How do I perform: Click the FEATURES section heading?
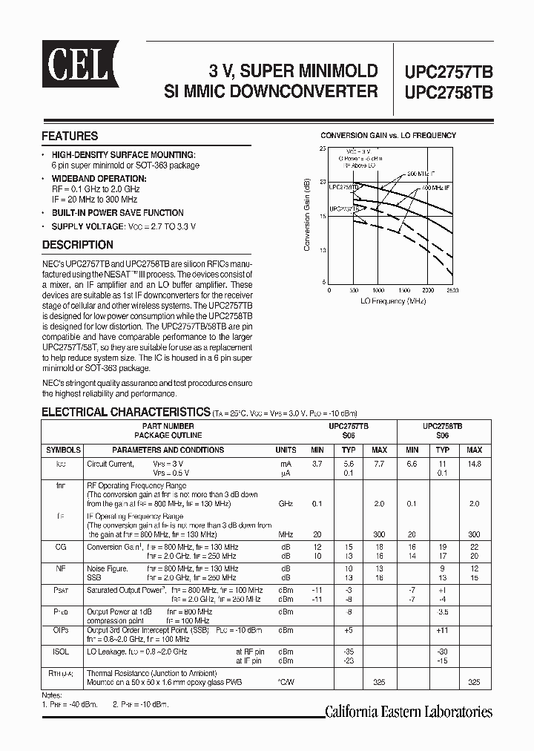70,137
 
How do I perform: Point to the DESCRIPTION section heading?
77,245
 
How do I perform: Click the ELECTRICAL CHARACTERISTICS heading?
125,412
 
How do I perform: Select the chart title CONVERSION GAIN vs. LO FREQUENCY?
388,135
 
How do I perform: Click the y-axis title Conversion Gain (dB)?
307,216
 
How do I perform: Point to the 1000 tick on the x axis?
378,290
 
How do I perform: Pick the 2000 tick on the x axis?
428,290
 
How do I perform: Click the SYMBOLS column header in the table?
64,450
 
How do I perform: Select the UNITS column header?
286,450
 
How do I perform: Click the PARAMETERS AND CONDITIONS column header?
168,450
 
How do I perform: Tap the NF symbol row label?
62,569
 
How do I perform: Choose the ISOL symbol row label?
62,652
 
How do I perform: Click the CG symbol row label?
62,546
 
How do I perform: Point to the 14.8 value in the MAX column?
475,463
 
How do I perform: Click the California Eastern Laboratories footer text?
409,712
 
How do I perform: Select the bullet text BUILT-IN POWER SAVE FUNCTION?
117,213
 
